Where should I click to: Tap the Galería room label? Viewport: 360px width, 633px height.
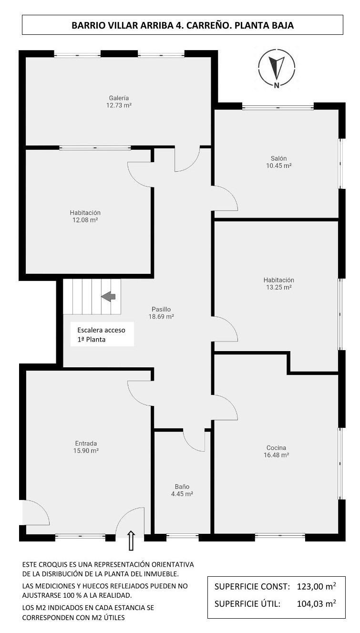tap(119, 98)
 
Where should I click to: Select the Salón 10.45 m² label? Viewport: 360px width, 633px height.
tap(279, 162)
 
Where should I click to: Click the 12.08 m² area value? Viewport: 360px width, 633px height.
tap(85, 220)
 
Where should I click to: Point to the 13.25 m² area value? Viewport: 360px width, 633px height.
tap(279, 287)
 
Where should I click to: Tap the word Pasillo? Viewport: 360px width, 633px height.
tap(161, 309)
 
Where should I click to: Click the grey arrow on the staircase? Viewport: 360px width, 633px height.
tap(109, 296)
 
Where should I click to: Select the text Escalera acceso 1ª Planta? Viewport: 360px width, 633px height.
tap(102, 334)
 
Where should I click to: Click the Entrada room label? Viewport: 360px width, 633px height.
tap(86, 443)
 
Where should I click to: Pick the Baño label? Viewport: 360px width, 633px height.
tap(182, 487)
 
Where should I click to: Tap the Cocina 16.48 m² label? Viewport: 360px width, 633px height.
tap(277, 451)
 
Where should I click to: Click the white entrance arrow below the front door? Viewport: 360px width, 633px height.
tap(131, 541)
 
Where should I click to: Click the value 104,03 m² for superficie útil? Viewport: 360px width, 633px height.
tap(316, 603)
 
